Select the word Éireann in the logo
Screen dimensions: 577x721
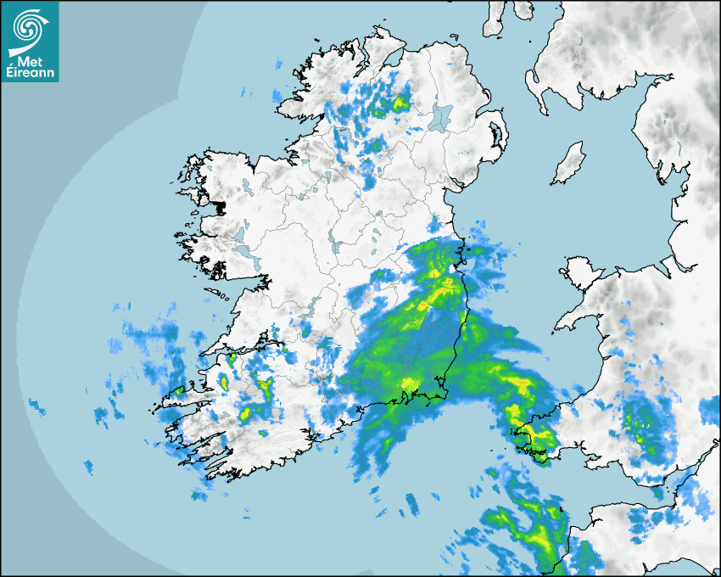[x=30, y=73]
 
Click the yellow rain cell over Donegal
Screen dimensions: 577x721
[x=399, y=104]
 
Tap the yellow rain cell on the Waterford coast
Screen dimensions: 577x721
[x=411, y=386]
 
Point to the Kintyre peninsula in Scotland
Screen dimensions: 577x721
[x=495, y=21]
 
